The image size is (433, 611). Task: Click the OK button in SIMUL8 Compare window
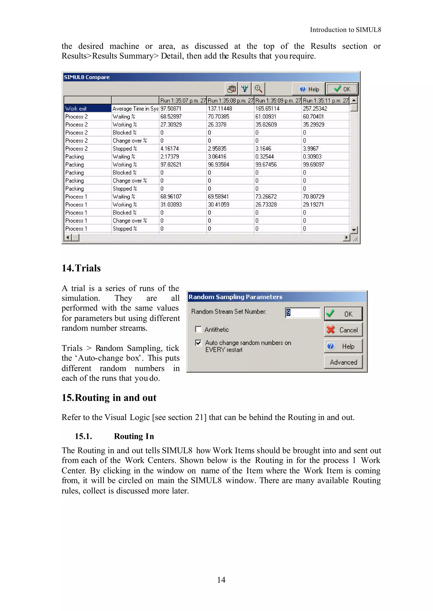342,89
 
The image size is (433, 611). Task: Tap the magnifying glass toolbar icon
258,89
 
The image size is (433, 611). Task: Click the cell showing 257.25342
315,108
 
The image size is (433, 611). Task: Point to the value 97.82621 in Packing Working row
171,165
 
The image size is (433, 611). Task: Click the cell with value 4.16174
170,149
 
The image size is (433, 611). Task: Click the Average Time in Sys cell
135,108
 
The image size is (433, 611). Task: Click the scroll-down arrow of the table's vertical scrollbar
354,230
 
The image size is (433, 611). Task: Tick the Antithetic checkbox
198,329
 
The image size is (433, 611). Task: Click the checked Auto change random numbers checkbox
198,343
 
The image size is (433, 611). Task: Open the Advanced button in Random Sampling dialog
343,362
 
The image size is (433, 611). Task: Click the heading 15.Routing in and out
109,398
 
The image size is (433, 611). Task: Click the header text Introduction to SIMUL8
345,30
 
